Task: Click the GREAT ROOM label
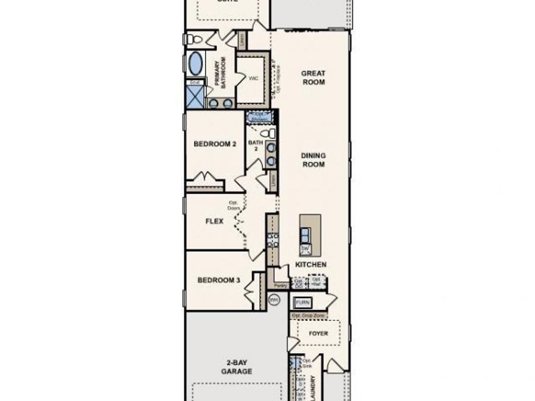[313, 78]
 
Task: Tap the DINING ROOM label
[313, 160]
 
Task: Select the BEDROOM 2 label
[215, 144]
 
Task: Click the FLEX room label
[214, 222]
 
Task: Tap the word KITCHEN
[311, 264]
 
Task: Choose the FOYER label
[318, 334]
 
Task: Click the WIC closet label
[253, 78]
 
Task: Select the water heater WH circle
[274, 301]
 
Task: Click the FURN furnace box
[303, 303]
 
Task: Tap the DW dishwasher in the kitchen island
[305, 248]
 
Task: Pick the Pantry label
[281, 286]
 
